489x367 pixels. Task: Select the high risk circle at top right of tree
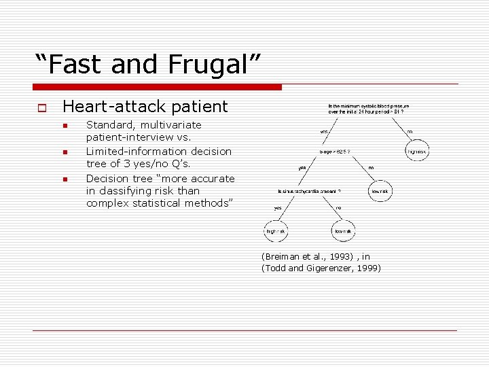coord(417,151)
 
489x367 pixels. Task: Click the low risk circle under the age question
coord(380,192)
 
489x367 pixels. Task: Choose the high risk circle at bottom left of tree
coord(275,232)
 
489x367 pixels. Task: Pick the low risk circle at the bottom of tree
coord(343,232)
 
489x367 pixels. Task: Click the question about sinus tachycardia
coord(309,192)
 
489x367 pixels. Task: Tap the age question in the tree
coord(335,152)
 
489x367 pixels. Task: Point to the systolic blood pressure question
coord(369,109)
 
